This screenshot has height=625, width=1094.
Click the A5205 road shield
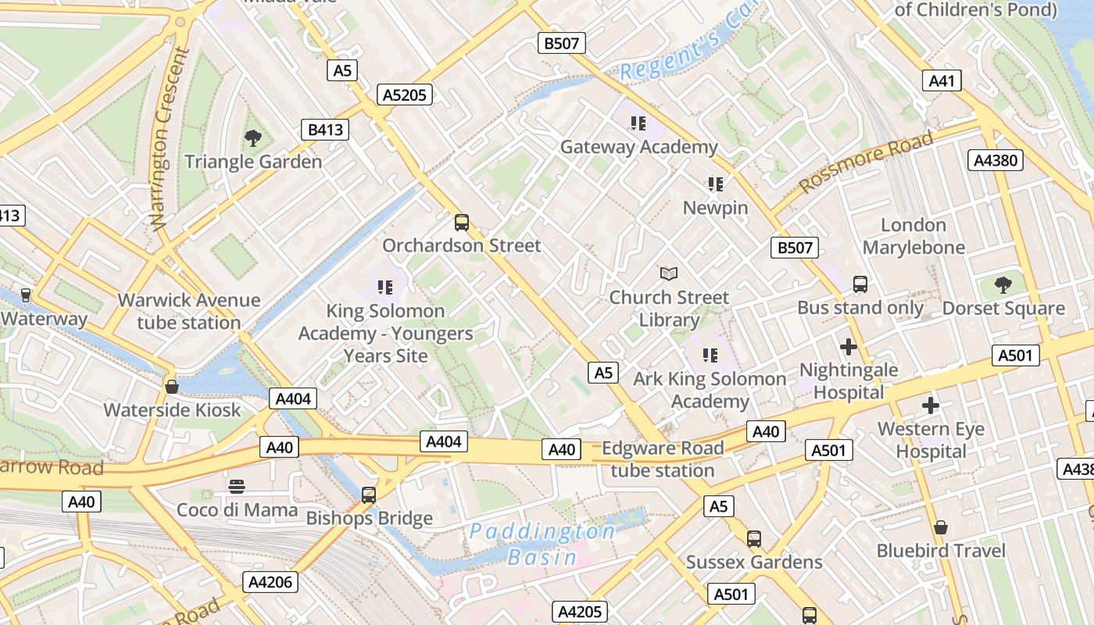[404, 95]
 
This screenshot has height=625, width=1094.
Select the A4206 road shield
[270, 581]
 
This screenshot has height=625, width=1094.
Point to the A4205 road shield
[580, 612]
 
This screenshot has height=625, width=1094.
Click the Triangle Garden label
[253, 162]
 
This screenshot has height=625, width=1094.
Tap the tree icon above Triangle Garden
[252, 138]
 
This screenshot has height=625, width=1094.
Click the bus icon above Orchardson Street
[462, 223]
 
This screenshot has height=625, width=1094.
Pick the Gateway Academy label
[638, 147]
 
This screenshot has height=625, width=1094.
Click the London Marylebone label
[913, 236]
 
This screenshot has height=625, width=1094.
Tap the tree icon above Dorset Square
[1003, 285]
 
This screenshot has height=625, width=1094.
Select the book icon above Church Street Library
[669, 273]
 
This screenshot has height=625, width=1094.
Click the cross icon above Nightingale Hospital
[849, 346]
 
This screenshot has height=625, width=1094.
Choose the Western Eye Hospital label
[931, 440]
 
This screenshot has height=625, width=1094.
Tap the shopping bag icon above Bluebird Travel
[941, 527]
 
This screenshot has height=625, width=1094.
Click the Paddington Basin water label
[542, 545]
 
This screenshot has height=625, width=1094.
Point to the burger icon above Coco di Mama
[237, 487]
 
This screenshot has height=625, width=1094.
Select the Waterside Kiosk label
[173, 410]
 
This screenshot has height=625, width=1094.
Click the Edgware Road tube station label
[663, 459]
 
